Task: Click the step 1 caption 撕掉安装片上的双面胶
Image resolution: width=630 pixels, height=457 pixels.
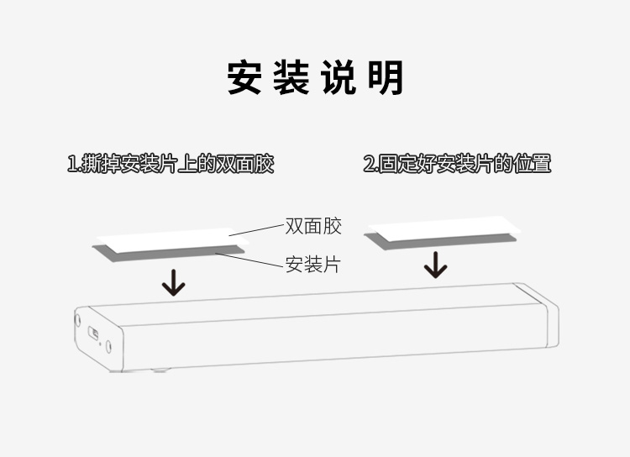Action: (171, 164)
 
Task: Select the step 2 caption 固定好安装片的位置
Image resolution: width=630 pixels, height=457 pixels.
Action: (457, 164)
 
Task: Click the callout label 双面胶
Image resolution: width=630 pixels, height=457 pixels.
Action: (312, 226)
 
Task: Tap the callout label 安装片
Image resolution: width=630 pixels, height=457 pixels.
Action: (312, 265)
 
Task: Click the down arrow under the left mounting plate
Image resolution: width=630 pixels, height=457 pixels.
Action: (174, 283)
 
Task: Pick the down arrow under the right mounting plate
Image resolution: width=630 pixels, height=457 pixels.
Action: (435, 265)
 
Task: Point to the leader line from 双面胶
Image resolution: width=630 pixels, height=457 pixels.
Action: (257, 229)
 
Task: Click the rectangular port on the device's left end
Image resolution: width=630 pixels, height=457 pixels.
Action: (96, 334)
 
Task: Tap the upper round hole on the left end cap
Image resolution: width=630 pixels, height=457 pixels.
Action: (78, 320)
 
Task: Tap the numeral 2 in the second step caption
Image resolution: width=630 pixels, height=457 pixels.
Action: (368, 164)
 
